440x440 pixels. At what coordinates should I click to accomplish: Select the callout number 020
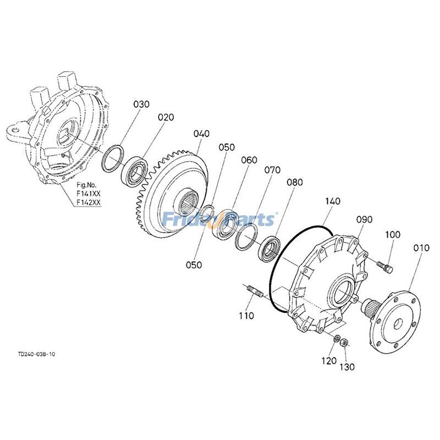click(166, 117)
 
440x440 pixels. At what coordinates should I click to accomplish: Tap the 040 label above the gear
click(202, 134)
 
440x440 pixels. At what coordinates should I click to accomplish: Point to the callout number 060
click(249, 160)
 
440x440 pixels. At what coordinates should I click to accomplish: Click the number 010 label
click(421, 249)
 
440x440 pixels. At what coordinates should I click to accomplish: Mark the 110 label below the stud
click(246, 316)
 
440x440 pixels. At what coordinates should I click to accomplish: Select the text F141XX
click(88, 194)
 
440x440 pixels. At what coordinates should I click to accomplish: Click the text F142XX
click(88, 202)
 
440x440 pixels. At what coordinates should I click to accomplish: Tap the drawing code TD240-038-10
click(36, 354)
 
